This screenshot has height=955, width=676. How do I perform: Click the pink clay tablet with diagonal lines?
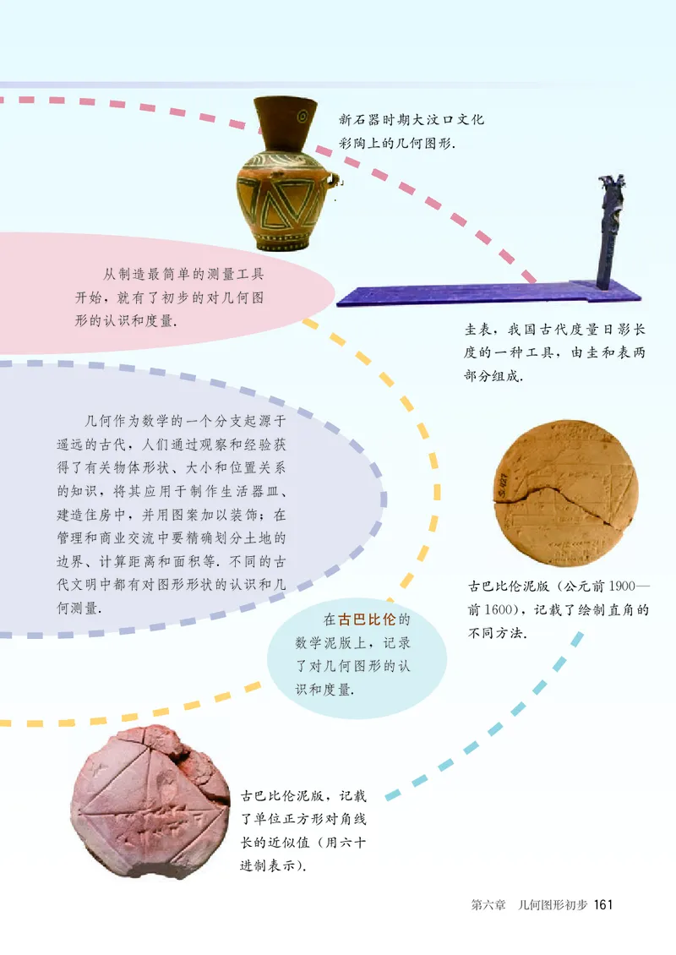(150, 791)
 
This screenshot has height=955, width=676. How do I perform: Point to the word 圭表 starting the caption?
(478, 330)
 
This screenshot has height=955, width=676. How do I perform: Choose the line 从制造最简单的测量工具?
(183, 274)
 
